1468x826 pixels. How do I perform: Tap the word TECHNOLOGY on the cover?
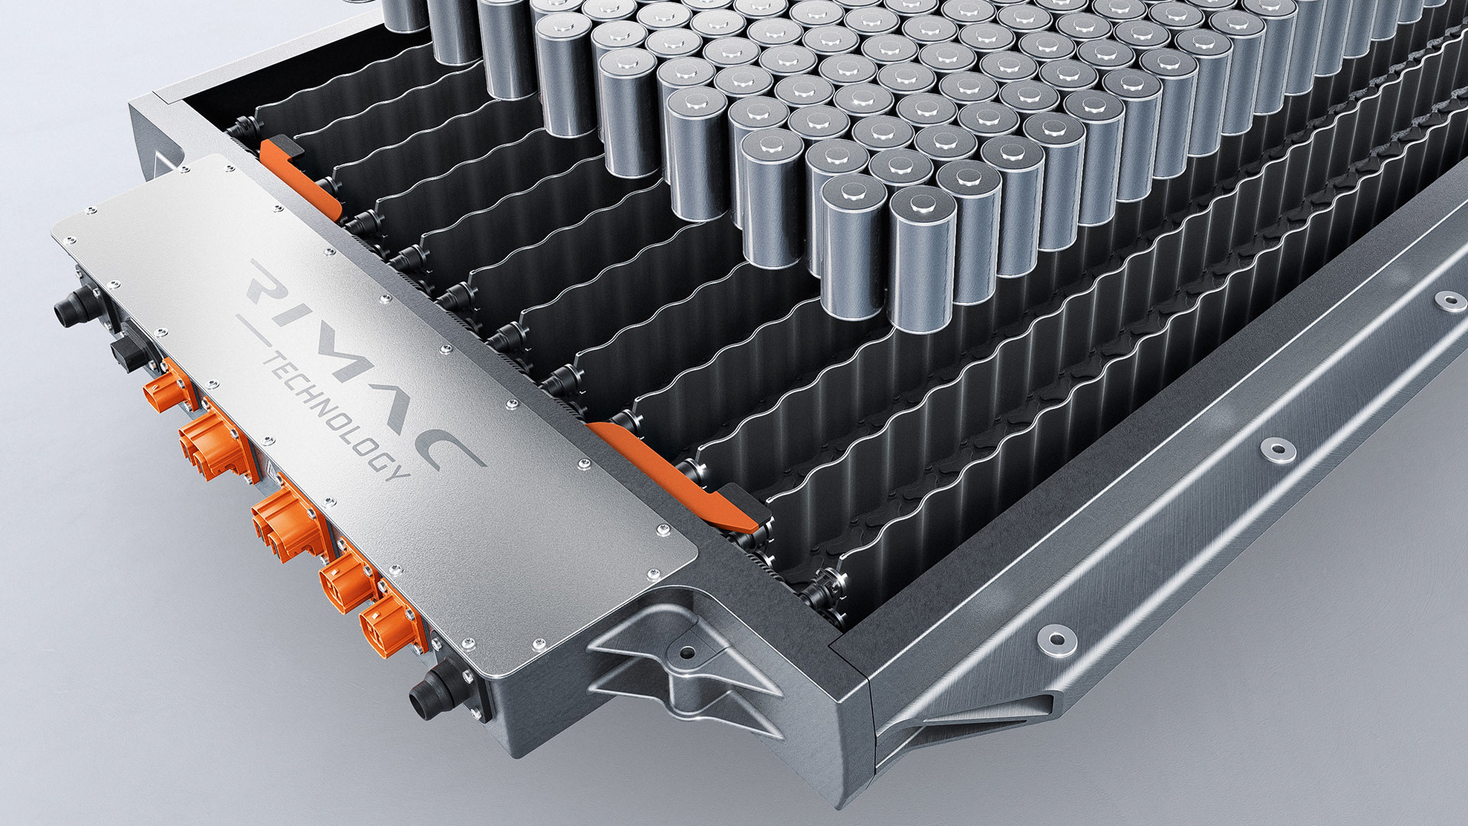pyautogui.click(x=336, y=416)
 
